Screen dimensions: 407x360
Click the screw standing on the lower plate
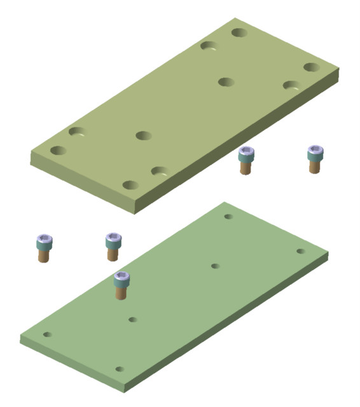[121, 285]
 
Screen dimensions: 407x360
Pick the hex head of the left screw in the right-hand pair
[246, 153]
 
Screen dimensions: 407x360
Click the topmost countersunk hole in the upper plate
[240, 32]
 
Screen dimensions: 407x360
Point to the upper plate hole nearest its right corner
[311, 67]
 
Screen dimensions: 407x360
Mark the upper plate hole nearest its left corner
[59, 151]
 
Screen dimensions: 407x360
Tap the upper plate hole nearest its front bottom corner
[130, 185]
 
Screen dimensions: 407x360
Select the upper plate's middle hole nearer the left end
[143, 135]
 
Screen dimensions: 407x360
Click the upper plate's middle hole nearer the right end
[226, 82]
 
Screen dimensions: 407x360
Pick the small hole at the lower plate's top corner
[228, 217]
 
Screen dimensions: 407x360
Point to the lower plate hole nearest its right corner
[301, 251]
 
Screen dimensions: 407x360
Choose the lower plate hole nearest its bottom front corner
[119, 369]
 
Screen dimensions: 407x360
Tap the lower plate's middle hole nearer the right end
[215, 266]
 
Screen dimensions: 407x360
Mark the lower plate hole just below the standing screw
[132, 319]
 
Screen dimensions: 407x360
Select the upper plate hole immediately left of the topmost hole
[209, 46]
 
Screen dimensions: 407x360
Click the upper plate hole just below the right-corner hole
[291, 85]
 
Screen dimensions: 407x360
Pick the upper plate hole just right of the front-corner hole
[160, 171]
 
